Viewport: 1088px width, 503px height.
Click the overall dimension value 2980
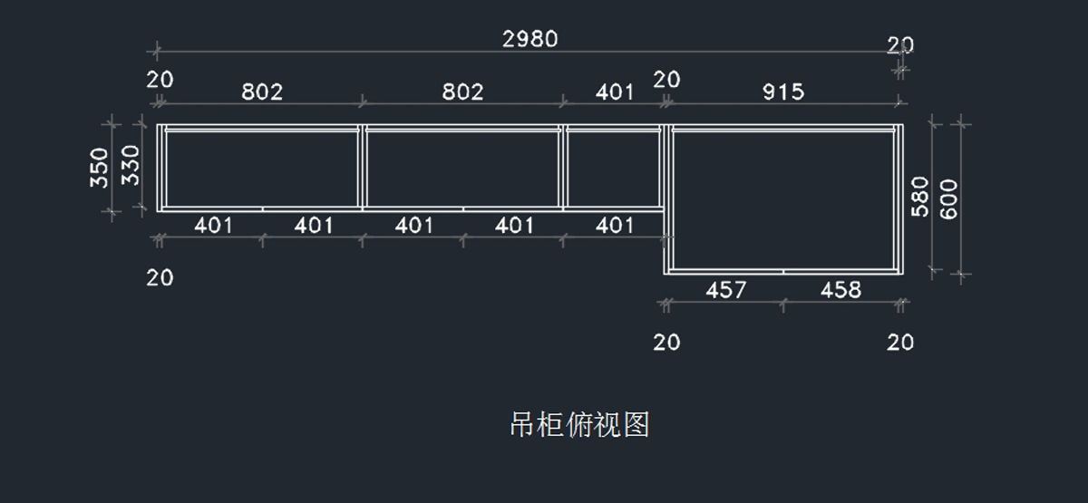530,39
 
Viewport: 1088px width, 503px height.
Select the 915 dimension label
783,92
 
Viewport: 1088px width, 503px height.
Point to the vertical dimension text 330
131,165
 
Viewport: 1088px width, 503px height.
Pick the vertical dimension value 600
948,198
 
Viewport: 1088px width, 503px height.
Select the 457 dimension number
725,290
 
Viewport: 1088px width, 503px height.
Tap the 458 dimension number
840,290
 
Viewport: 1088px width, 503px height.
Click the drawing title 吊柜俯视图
580,424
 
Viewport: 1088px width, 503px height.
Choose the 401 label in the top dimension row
615,92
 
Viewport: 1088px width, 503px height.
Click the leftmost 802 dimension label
262,92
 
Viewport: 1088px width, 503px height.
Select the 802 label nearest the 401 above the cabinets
462,92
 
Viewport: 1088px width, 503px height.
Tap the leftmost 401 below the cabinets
214,225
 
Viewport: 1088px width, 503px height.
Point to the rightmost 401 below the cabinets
615,225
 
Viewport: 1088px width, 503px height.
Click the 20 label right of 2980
900,44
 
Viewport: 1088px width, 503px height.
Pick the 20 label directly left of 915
666,80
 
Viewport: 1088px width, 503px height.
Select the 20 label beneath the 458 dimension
900,343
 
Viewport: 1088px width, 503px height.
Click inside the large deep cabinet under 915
785,198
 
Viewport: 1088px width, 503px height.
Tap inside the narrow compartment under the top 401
614,168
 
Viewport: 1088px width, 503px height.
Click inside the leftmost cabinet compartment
261,168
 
